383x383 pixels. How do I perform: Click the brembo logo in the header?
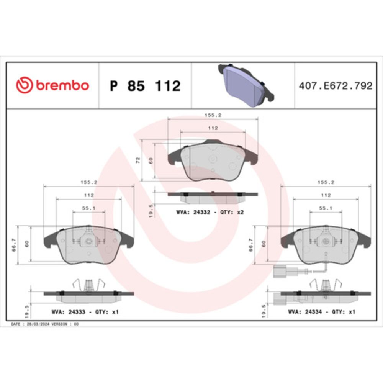(x=52, y=85)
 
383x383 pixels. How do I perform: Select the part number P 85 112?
(x=145, y=86)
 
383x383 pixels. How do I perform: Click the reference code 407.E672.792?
(x=336, y=86)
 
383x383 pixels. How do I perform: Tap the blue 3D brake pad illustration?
(x=246, y=85)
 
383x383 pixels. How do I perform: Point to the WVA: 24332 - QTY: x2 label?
(x=210, y=212)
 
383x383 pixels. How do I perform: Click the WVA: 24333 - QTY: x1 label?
(x=85, y=312)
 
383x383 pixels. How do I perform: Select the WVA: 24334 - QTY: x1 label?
(x=321, y=312)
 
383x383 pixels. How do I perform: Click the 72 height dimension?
(x=138, y=160)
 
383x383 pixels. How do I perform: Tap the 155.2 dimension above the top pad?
(x=213, y=115)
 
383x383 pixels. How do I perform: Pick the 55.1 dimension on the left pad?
(x=89, y=208)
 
